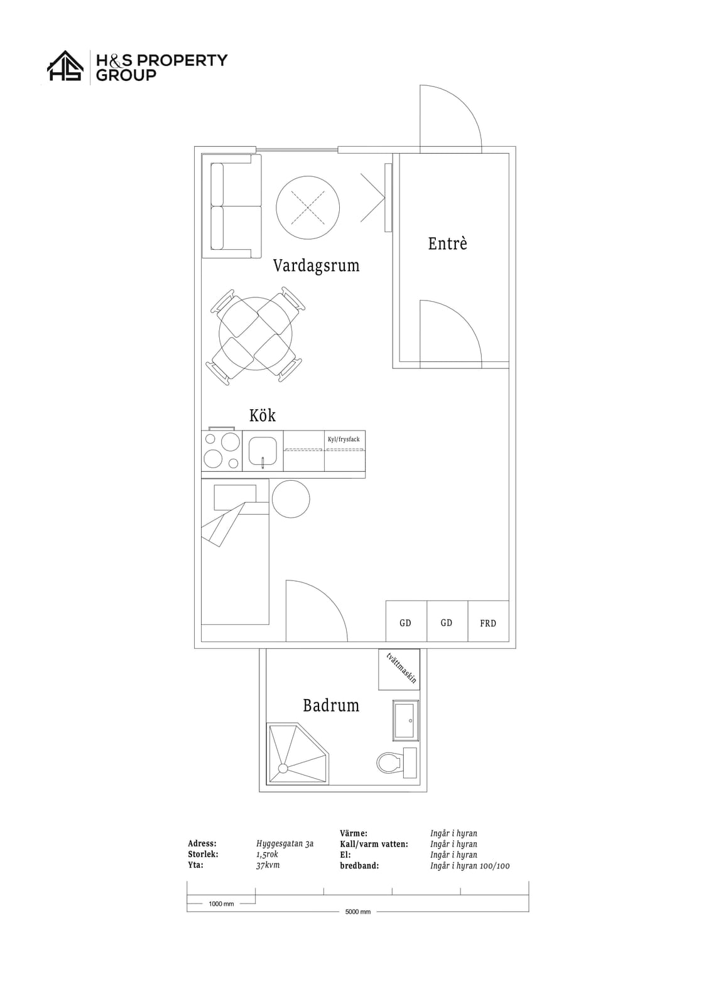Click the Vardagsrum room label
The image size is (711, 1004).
(x=317, y=266)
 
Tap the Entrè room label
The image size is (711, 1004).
(x=447, y=243)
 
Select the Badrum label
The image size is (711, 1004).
(x=331, y=705)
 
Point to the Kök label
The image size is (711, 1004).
(x=263, y=415)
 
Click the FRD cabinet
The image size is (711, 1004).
(x=488, y=621)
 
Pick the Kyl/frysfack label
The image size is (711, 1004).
(x=344, y=439)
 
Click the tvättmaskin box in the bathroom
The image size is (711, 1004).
(x=399, y=669)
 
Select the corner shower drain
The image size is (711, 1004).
(x=283, y=768)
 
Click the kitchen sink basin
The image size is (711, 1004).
(x=263, y=451)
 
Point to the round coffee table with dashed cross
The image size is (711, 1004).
(x=308, y=207)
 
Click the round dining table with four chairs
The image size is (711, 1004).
(x=256, y=334)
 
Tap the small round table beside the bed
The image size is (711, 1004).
(x=291, y=499)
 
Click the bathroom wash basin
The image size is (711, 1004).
(x=406, y=720)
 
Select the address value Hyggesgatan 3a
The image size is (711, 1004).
(x=285, y=843)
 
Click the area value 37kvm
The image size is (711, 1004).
(x=268, y=865)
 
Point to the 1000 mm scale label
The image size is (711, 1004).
(x=221, y=904)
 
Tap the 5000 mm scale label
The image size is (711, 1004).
(x=358, y=912)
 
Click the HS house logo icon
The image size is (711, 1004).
(x=65, y=65)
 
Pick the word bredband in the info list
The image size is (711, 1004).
(x=359, y=865)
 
